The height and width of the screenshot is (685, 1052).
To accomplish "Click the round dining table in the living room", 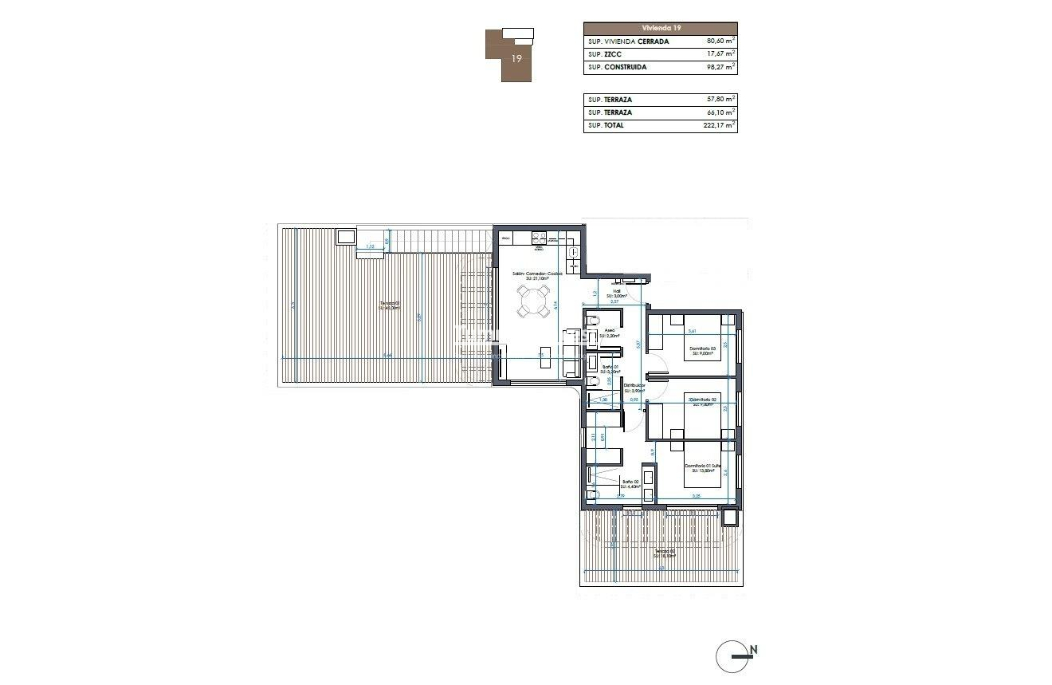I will (532, 302).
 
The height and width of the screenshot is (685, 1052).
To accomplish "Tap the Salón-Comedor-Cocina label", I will (537, 274).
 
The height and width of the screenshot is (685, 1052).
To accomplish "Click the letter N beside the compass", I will (753, 649).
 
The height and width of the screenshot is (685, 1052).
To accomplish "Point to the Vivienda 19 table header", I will (661, 28).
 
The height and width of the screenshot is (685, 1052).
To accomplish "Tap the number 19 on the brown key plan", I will (516, 58).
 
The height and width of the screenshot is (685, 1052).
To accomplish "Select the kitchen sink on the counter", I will (574, 251).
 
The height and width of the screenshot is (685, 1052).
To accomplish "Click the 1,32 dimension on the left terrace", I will (370, 247).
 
